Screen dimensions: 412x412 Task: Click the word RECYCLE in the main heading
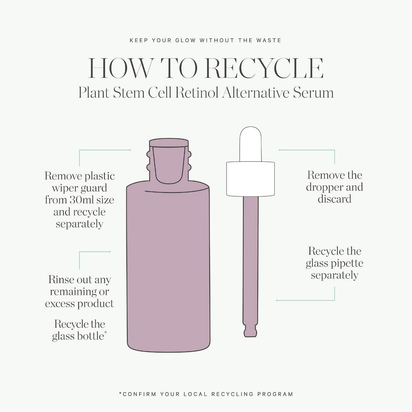tap(264, 68)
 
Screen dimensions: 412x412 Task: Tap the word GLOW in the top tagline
tap(185, 41)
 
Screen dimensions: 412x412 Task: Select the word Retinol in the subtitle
tap(197, 93)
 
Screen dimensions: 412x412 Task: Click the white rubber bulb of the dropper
tap(250, 144)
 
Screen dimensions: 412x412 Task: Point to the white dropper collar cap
tap(250, 179)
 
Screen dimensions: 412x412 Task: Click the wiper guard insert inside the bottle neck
tap(169, 164)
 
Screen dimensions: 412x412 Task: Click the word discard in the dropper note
tap(334, 199)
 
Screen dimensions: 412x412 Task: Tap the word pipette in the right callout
tap(347, 264)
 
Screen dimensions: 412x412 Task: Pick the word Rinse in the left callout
tap(61, 280)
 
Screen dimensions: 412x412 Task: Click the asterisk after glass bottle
tap(105, 332)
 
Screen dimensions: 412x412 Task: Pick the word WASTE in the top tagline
tap(269, 41)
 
